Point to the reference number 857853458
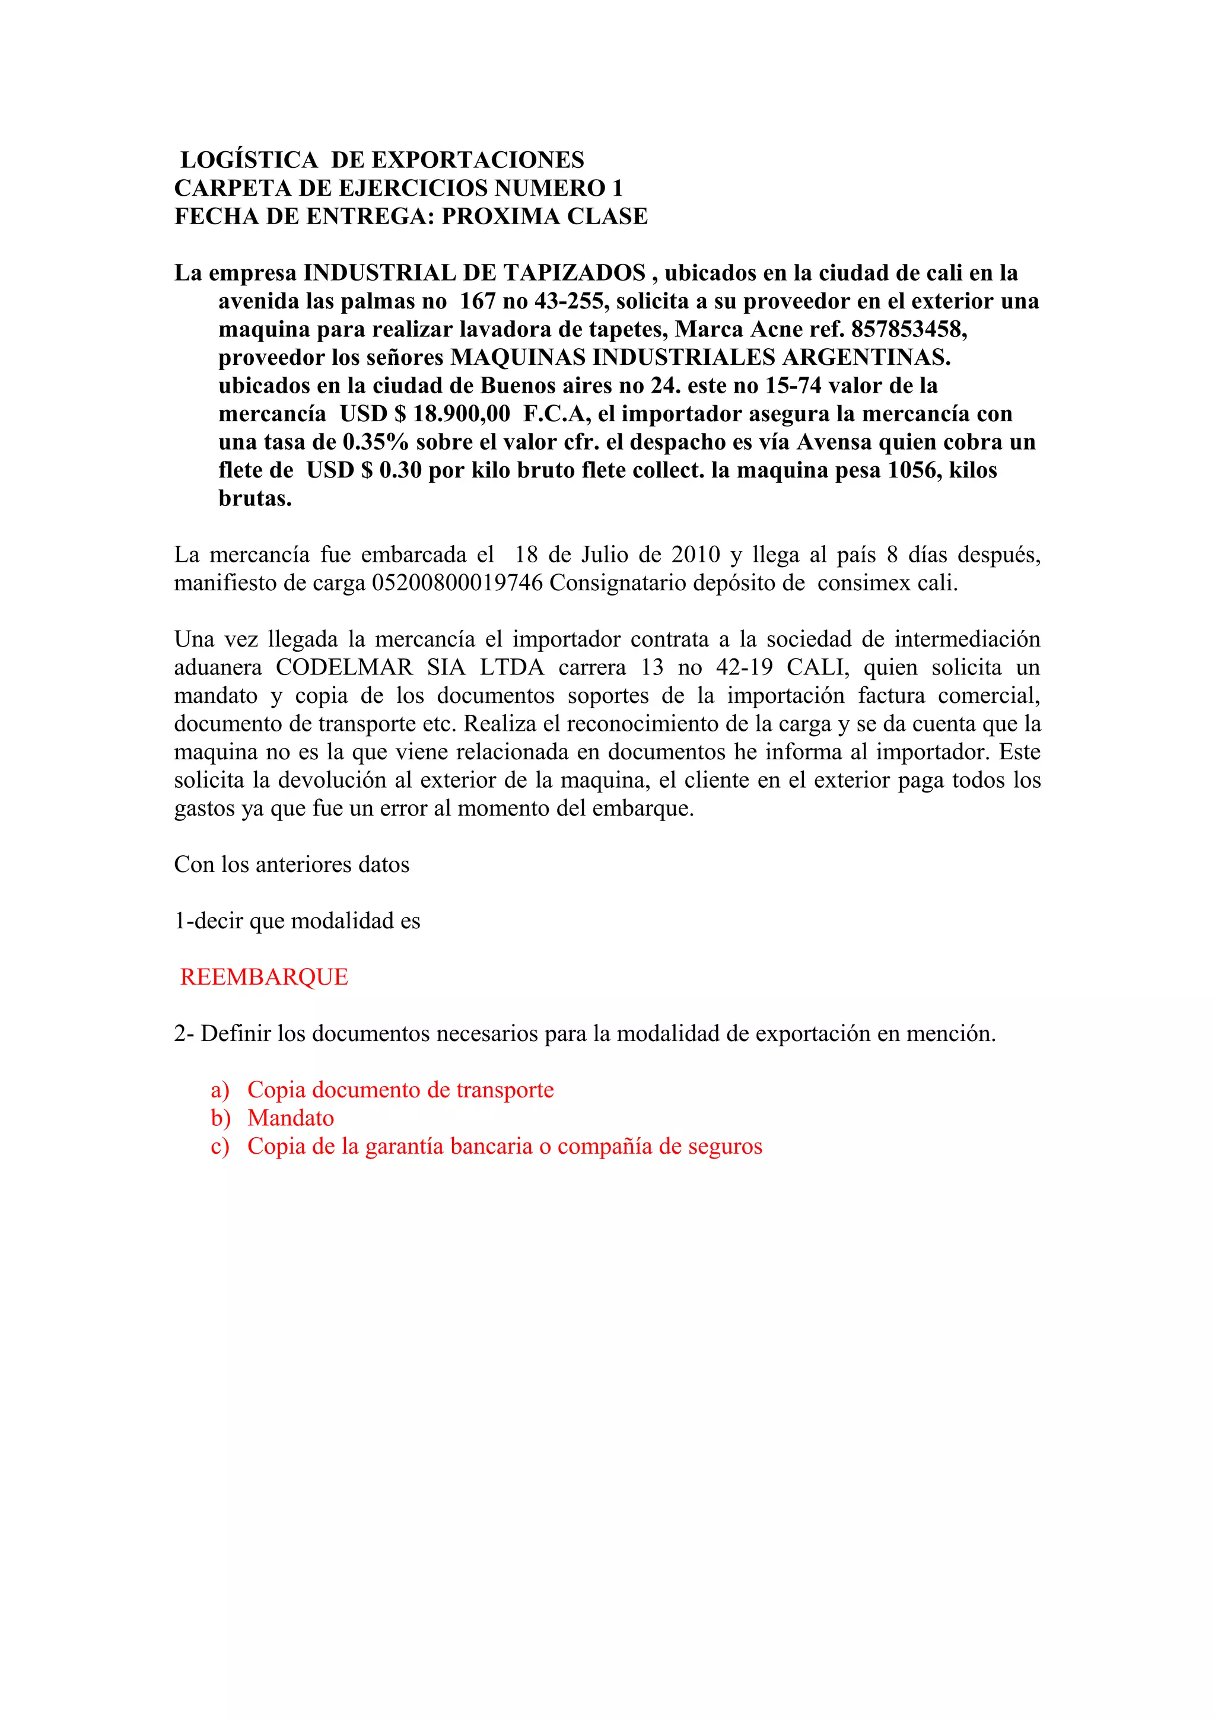[905, 329]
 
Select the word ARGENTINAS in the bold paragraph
[864, 358]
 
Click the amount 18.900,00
[462, 414]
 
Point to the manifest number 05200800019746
[457, 583]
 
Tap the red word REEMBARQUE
[264, 977]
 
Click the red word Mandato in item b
[291, 1118]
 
